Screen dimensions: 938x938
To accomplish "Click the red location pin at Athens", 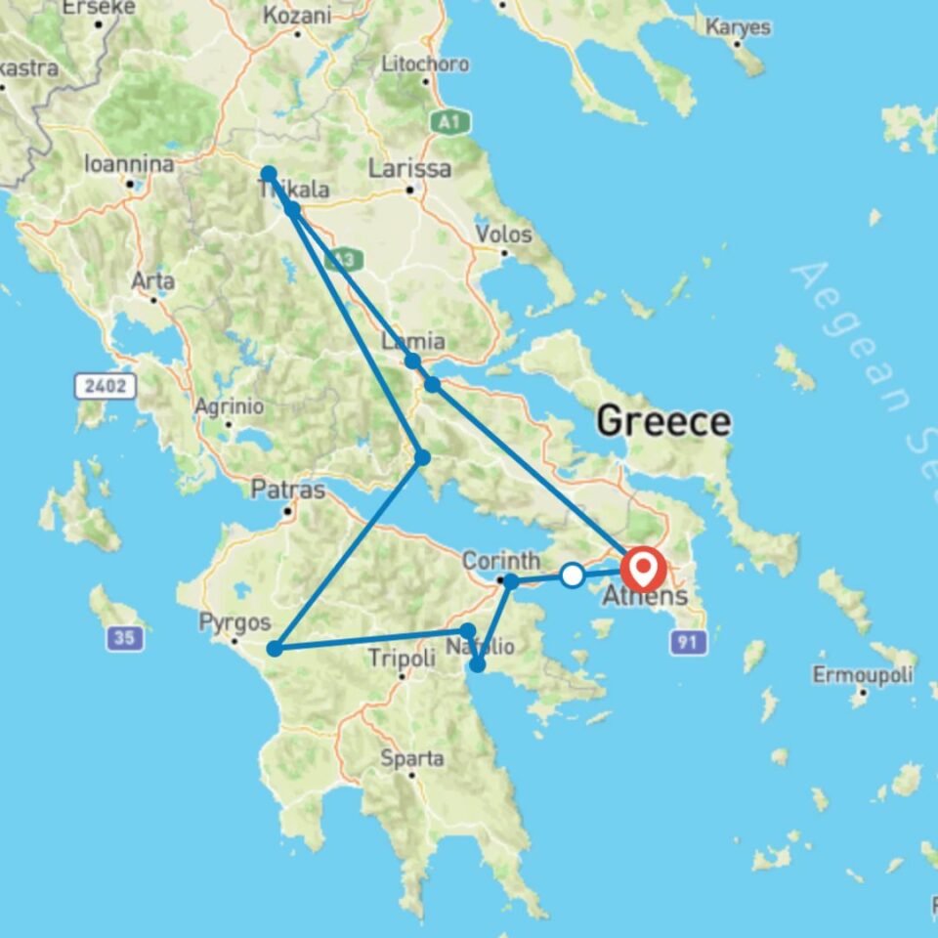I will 644,568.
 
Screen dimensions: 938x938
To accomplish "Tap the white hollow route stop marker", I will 573,576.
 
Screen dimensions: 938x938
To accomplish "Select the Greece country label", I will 662,422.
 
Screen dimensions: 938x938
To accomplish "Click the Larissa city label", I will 409,169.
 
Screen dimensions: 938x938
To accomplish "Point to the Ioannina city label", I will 129,164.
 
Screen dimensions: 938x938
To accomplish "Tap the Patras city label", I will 287,490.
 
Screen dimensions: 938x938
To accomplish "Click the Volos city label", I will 503,234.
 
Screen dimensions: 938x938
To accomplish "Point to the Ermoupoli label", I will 863,674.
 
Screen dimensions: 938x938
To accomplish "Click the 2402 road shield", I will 105,386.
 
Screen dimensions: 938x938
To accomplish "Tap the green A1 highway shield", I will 449,122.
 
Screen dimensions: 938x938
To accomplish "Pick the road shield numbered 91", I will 683,642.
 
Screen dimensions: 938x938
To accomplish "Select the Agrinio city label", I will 229,405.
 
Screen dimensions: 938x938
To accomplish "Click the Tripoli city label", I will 402,660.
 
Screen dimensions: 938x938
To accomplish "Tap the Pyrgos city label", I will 228,622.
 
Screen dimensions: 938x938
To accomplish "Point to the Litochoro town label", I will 424,64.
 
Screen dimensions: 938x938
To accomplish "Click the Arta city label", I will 153,281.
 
